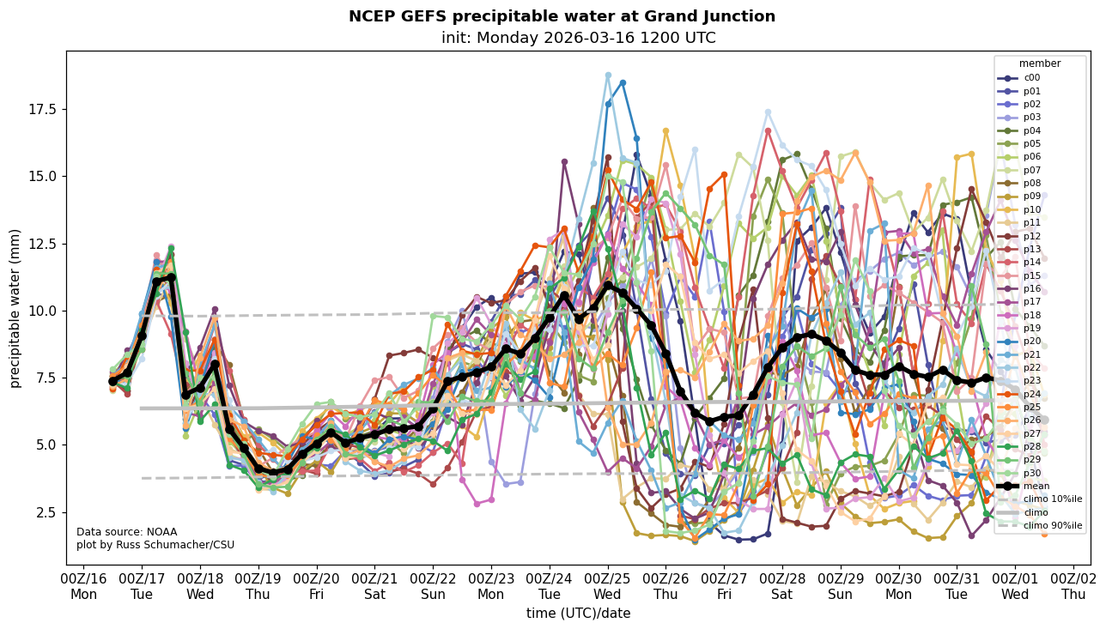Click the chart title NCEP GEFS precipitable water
[562, 16]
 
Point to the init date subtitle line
[578, 38]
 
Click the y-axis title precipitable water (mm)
[15, 308]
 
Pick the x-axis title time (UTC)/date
[578, 613]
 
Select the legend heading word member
[1039, 64]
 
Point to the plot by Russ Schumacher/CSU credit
[155, 545]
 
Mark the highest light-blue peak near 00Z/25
[608, 76]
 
